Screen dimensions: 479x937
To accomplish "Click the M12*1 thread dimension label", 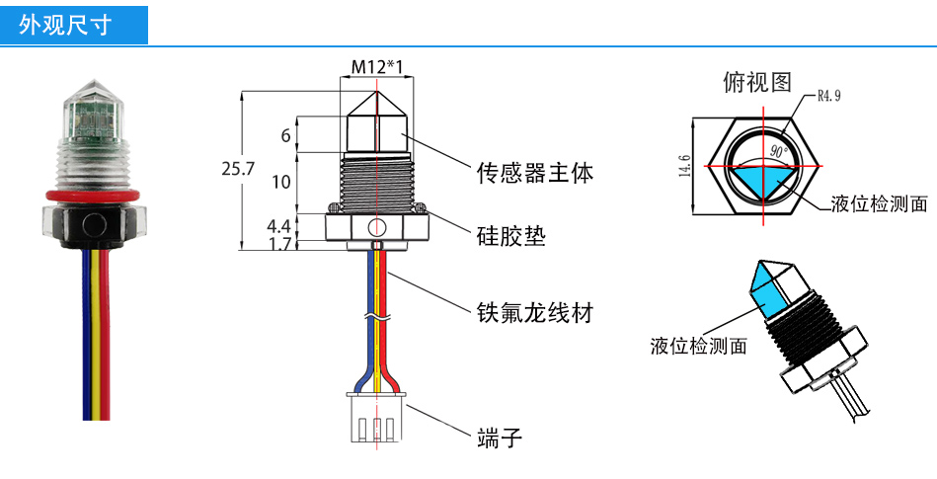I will (x=378, y=67).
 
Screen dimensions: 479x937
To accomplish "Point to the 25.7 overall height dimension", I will (x=238, y=169).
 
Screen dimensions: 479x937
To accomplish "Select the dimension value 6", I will (x=285, y=136).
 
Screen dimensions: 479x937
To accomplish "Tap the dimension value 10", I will (x=281, y=182).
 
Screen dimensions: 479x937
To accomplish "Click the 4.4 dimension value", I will (x=279, y=226).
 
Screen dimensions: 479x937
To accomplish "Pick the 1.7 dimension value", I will (x=279, y=243).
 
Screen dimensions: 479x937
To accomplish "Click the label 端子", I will (x=499, y=436).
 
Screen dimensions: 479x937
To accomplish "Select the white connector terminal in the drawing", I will (x=377, y=419).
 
